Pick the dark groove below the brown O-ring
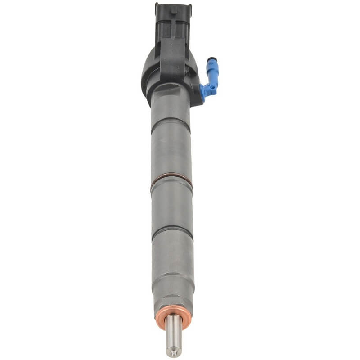point(171,234)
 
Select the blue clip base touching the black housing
point(208,90)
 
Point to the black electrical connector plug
point(173,27)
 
